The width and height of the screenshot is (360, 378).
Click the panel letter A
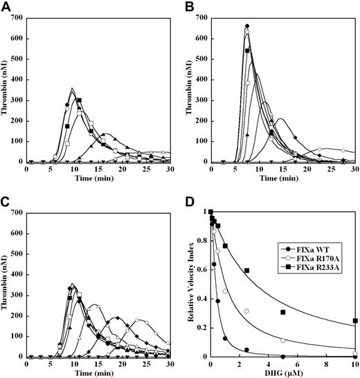click(x=6, y=6)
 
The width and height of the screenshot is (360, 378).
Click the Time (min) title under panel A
click(x=97, y=177)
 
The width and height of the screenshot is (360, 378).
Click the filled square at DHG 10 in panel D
click(x=354, y=321)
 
